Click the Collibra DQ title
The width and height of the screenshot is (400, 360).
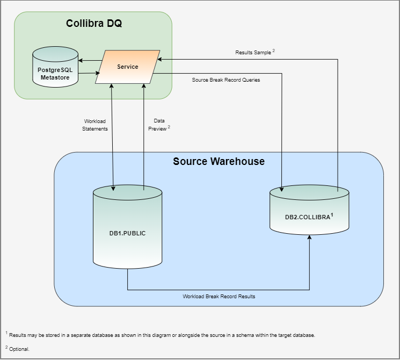pos(93,24)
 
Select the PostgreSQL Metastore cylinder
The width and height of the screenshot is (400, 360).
pos(55,67)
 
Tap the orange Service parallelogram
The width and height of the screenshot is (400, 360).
pos(127,67)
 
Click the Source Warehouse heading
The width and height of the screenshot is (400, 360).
pos(219,161)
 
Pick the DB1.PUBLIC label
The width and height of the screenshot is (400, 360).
pos(127,233)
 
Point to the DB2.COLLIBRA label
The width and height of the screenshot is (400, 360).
pos(307,217)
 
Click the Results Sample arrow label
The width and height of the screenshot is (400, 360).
pos(253,53)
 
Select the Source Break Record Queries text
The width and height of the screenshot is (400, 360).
pos(226,80)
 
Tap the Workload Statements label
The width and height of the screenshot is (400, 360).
pos(95,125)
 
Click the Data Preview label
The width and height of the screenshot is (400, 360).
pos(159,125)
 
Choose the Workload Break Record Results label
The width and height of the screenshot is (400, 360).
pos(219,296)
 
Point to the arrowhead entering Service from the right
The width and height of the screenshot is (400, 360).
pos(161,60)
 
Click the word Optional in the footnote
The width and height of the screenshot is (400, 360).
pos(19,349)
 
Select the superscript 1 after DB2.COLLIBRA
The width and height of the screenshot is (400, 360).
pos(332,214)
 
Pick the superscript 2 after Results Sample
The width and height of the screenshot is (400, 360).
pos(273,51)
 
